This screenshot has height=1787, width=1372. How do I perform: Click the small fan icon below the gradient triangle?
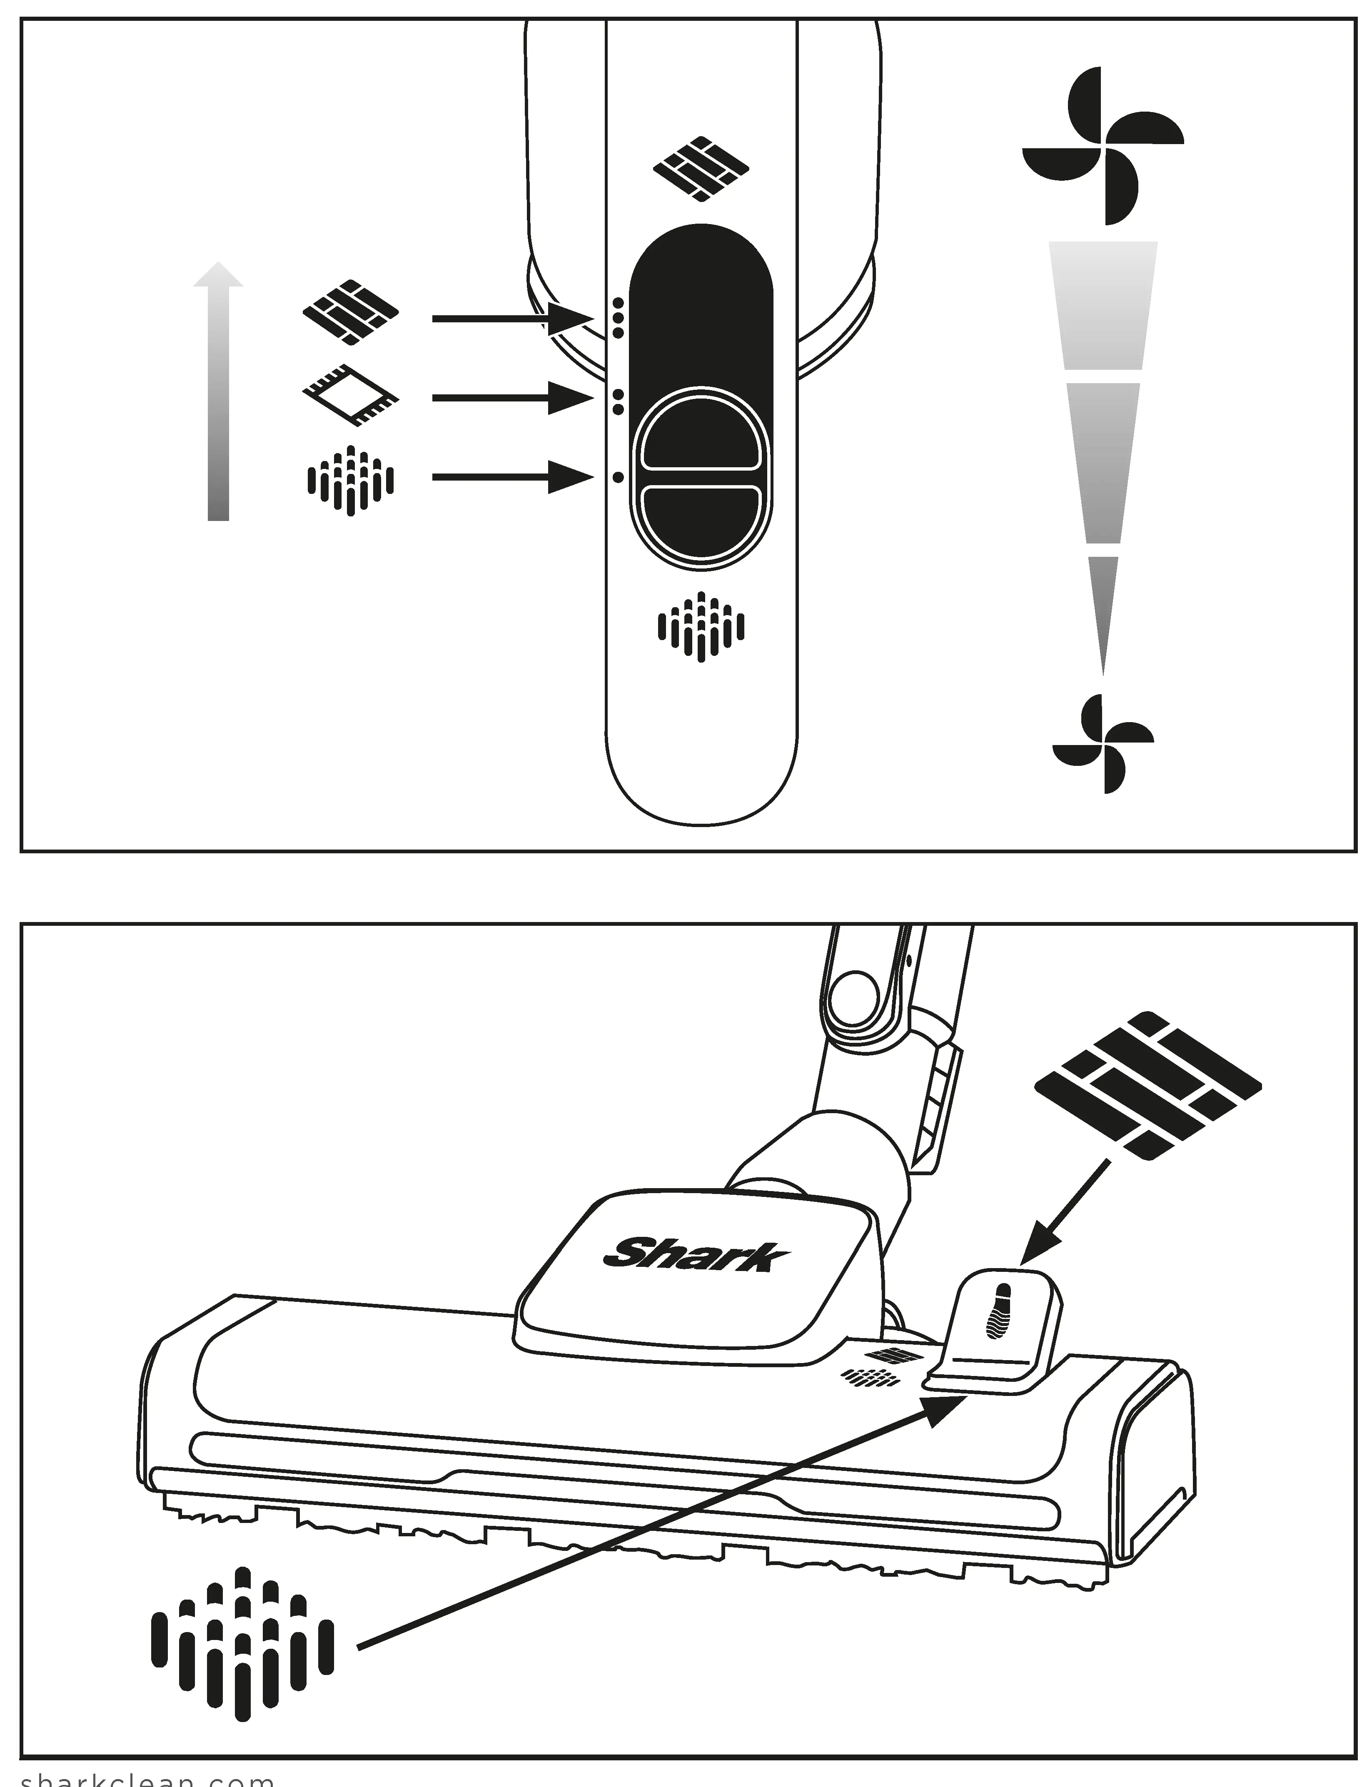click(1103, 743)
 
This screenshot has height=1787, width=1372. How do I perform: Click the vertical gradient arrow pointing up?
click(218, 392)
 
